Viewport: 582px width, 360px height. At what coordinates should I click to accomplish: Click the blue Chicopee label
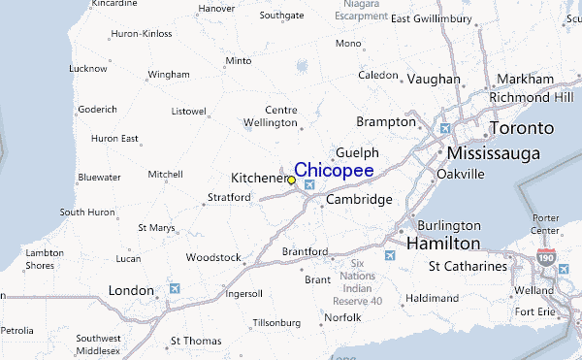333,171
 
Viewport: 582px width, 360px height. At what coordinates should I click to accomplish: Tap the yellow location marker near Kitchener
292,180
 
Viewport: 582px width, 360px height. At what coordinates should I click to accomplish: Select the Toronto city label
521,128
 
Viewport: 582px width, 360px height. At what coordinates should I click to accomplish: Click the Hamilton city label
442,243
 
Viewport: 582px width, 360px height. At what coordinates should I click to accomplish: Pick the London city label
131,290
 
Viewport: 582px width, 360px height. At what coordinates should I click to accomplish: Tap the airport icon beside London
175,288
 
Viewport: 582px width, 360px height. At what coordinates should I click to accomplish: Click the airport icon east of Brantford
391,255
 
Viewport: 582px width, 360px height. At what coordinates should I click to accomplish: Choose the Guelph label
356,153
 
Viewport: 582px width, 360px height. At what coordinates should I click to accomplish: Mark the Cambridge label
358,200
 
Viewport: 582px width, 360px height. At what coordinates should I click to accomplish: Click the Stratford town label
229,198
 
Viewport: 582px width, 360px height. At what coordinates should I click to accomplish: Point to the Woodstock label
213,257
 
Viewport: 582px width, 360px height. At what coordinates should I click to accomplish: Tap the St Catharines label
468,266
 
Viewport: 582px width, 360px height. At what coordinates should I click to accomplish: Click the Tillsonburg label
277,322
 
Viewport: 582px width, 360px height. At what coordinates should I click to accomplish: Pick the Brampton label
386,122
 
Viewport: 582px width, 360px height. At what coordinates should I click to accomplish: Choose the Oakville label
460,174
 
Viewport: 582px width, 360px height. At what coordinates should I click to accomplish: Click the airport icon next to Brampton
445,128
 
